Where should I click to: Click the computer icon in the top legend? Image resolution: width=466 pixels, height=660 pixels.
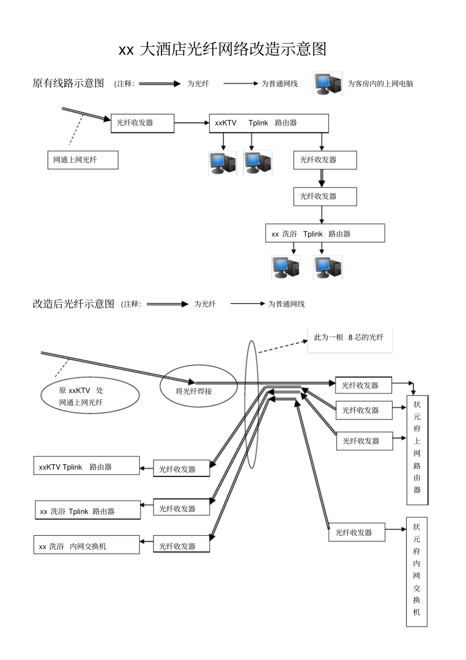328,84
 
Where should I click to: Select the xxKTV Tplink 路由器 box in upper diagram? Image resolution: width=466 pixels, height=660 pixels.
268,123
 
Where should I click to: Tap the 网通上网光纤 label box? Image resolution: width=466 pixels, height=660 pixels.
82,160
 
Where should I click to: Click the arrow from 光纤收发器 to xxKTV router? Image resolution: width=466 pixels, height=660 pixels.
191,123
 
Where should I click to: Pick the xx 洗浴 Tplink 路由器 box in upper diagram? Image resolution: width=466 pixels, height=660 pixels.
325,234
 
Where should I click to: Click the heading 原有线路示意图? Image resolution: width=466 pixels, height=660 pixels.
68,83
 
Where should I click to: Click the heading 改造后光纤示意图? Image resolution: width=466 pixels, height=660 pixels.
73,304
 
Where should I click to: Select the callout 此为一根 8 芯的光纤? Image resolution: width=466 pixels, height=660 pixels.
350,338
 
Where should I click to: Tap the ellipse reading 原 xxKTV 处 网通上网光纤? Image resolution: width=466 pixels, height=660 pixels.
90,396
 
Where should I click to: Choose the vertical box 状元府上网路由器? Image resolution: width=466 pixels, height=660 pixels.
417,449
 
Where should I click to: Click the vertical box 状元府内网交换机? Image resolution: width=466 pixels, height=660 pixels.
416,572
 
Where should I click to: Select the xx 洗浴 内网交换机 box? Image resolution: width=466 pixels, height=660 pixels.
86,545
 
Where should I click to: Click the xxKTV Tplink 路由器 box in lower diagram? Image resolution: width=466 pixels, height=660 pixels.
86,466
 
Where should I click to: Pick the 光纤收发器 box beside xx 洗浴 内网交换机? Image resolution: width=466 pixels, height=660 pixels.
181,545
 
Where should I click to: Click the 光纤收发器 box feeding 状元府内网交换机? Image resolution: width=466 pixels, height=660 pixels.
356,532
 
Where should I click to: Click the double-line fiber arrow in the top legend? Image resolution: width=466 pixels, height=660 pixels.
160,84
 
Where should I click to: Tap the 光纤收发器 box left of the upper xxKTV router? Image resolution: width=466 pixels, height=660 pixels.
142,123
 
